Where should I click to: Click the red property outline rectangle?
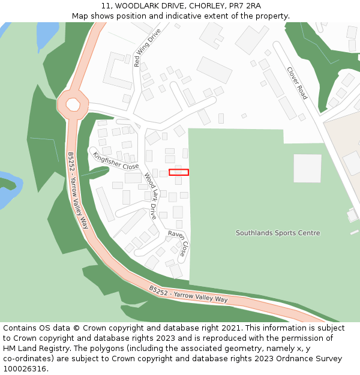point(179,172)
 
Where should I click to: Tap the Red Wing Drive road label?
point(148,47)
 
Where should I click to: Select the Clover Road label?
point(296,83)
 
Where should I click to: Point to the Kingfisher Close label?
point(115,161)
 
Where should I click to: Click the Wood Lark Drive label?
point(150,196)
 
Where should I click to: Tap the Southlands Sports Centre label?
point(278,233)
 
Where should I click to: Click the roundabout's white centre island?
point(73,105)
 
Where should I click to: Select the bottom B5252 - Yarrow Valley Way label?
point(188,295)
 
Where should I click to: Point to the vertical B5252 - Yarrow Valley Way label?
point(77,190)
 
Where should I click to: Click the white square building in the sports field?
point(307,169)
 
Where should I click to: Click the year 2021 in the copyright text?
point(230,328)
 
